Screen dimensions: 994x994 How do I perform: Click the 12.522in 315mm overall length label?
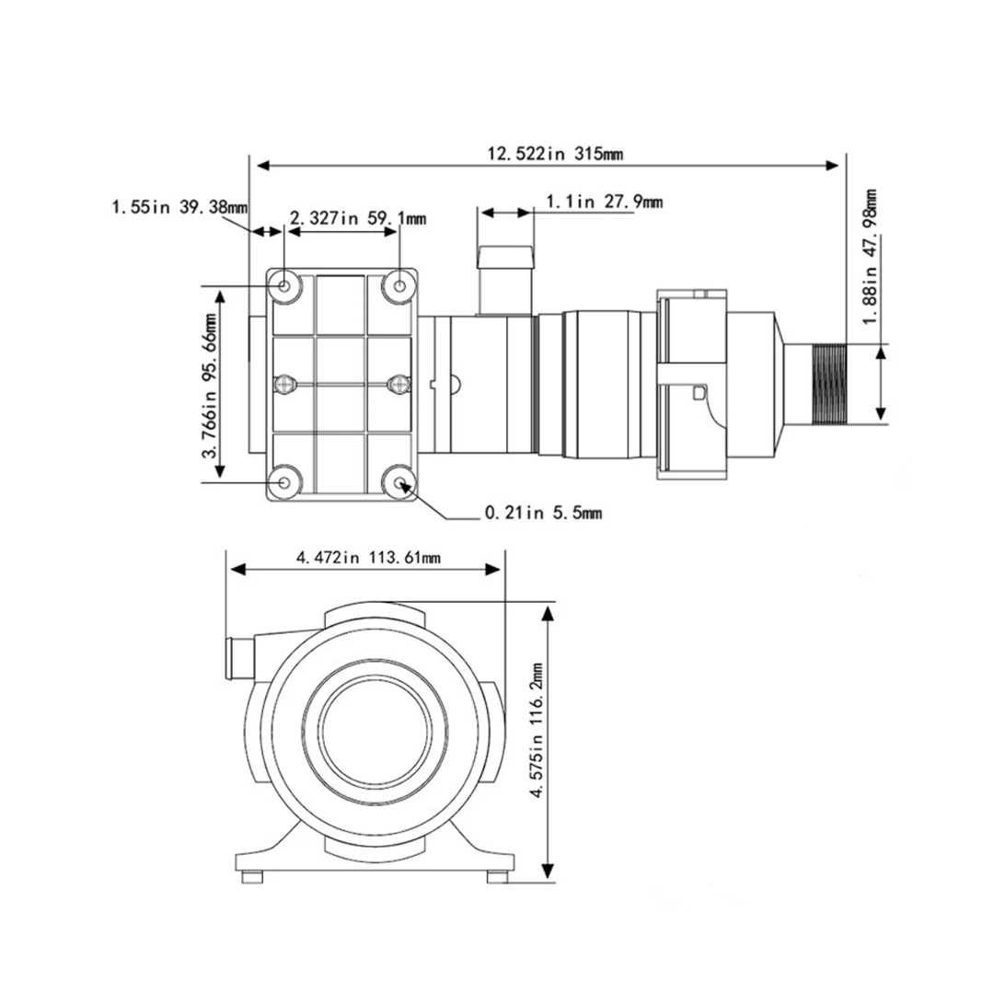(555, 154)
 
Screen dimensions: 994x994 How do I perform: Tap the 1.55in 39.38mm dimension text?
(179, 207)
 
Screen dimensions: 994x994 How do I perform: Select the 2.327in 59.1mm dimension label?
(358, 219)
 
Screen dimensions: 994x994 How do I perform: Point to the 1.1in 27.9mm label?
(605, 202)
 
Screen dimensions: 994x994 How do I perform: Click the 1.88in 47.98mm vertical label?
(871, 256)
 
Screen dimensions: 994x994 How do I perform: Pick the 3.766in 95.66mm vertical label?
(209, 386)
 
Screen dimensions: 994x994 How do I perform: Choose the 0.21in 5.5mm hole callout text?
(543, 513)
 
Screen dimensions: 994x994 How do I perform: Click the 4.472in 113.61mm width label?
(368, 558)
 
